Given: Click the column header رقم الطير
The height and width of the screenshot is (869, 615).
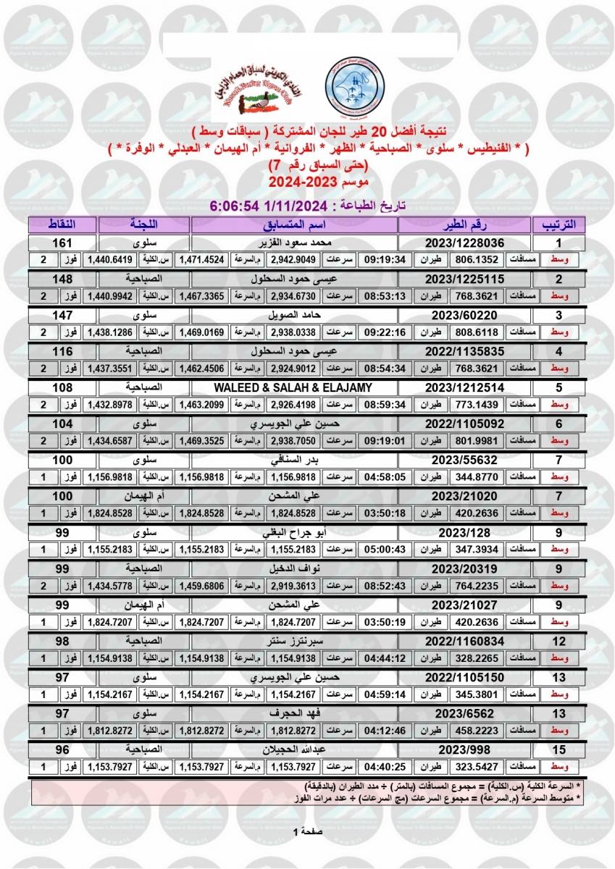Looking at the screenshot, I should coord(464,224).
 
